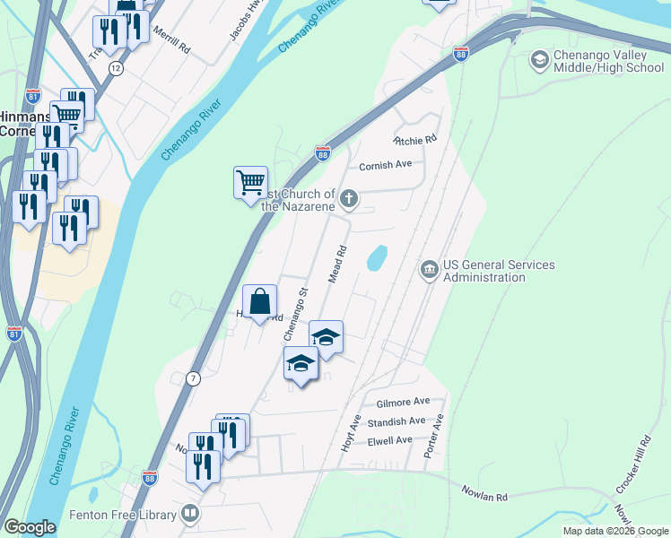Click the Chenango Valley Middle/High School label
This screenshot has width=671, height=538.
[x=609, y=61]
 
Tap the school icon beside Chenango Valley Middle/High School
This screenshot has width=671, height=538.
[x=539, y=60]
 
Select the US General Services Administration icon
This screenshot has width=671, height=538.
[x=429, y=270]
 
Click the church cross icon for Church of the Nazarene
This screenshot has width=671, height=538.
[x=350, y=198]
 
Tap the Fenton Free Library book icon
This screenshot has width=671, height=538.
[x=189, y=515]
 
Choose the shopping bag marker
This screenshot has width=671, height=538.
[x=260, y=302]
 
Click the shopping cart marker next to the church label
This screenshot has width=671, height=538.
[x=250, y=183]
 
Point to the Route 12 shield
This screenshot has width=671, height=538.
[x=116, y=68]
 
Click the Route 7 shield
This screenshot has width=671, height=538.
[x=193, y=379]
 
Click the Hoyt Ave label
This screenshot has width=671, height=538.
[x=351, y=432]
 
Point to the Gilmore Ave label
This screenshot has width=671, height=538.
[x=403, y=402]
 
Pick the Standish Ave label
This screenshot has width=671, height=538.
[x=398, y=421]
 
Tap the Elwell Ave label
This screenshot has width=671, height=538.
[x=389, y=440]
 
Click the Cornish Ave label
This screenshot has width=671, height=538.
[x=385, y=165]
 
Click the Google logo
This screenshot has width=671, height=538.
[x=30, y=527]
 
